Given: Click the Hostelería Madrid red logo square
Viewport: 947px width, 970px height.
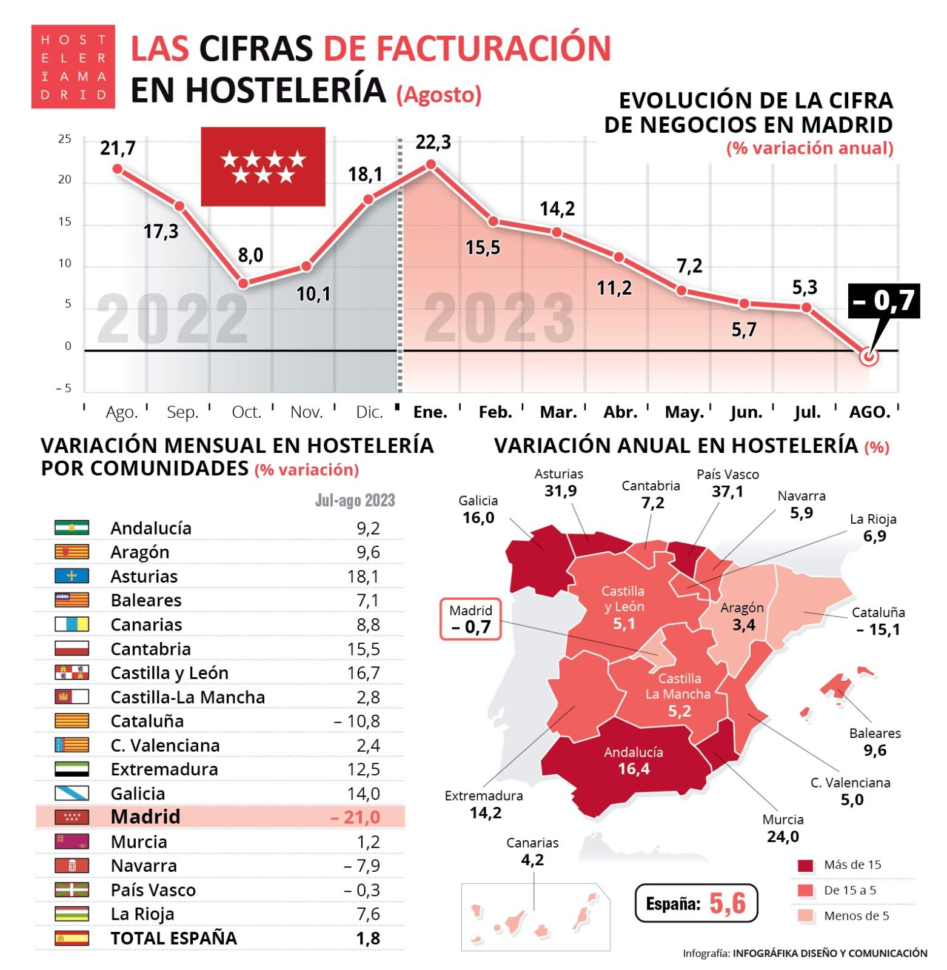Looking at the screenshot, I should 73,67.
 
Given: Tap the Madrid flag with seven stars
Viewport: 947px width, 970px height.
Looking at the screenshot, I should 264,167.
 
